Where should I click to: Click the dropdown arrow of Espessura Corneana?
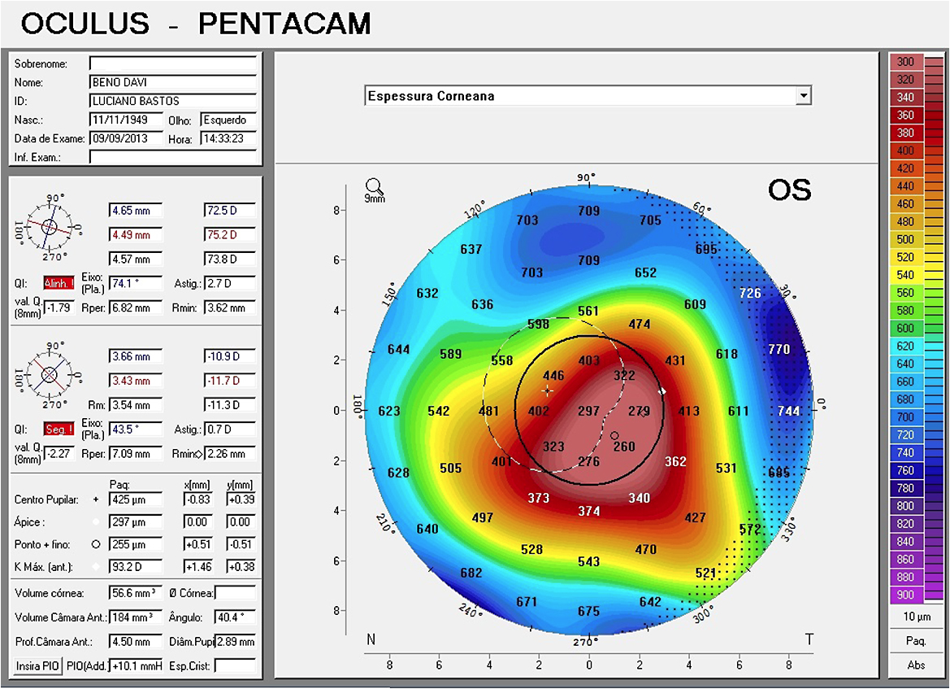[804, 96]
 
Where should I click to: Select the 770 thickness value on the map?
[779, 350]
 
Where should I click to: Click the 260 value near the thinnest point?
[624, 446]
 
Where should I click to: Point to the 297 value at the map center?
[588, 411]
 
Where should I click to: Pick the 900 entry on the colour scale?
[904, 595]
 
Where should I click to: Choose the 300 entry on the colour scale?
[904, 62]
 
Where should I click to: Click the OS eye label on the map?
[789, 190]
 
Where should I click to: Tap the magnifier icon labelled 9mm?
[374, 190]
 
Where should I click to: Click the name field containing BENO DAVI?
[172, 82]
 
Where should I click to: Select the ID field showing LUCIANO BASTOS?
[172, 101]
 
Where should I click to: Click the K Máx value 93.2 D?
[136, 566]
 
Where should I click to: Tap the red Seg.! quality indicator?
[58, 430]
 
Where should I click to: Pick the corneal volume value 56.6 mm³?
[136, 593]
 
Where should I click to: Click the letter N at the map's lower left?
[371, 640]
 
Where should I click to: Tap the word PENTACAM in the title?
[284, 24]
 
